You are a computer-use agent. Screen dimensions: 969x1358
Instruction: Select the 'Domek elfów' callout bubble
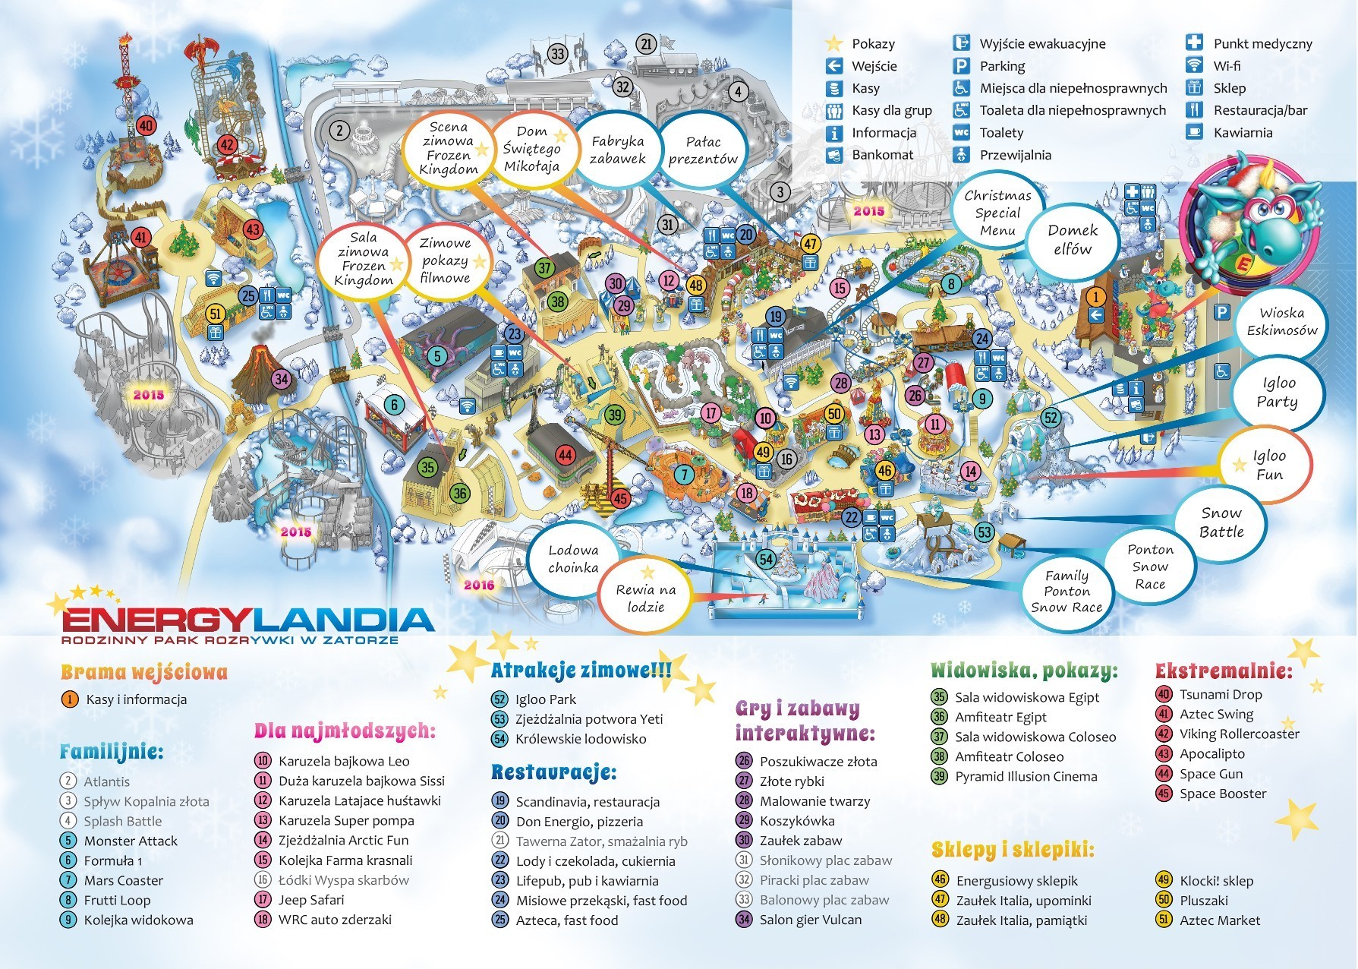pyautogui.click(x=1072, y=240)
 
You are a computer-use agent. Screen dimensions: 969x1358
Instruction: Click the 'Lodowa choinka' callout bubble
pyautogui.click(x=573, y=559)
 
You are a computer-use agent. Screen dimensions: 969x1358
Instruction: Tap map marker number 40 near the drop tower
pyautogui.click(x=146, y=126)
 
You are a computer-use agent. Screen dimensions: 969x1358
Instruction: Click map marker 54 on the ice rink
pyautogui.click(x=766, y=560)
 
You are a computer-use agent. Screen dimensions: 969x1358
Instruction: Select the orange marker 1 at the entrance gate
pyautogui.click(x=1095, y=296)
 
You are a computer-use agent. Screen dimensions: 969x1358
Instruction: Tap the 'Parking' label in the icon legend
pyautogui.click(x=1001, y=66)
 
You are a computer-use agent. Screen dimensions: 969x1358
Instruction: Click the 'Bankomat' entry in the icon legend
pyautogui.click(x=883, y=155)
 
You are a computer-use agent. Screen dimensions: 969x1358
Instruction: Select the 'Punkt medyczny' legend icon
pyautogui.click(x=1195, y=43)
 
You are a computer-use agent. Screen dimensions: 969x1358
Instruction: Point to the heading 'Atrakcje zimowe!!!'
pyautogui.click(x=581, y=671)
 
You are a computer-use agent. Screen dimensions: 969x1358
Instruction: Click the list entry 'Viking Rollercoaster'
pyautogui.click(x=1239, y=734)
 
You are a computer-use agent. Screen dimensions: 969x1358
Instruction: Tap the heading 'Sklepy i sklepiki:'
pyautogui.click(x=1013, y=849)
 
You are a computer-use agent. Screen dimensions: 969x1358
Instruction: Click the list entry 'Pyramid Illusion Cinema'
pyautogui.click(x=1026, y=777)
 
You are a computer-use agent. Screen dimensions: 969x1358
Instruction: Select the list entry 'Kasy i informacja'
pyautogui.click(x=136, y=699)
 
